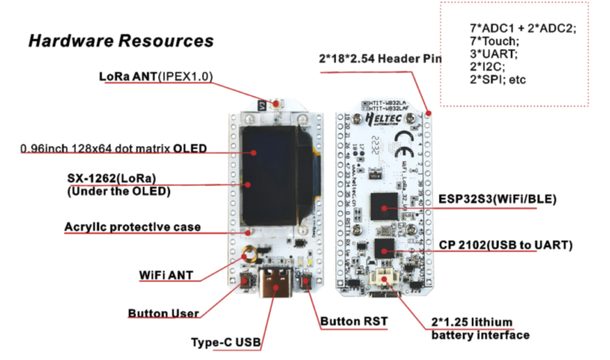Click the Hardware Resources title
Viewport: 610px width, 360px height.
[x=121, y=41]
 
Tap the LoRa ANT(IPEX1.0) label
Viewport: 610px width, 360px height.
[x=156, y=76]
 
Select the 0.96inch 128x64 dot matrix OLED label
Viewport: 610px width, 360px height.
[x=113, y=148]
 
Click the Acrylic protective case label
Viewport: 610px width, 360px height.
[x=132, y=227]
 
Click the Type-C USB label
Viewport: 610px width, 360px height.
[x=226, y=343]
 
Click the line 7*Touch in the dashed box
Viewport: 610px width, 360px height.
[x=494, y=41]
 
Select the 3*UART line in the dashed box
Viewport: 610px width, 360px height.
[x=492, y=54]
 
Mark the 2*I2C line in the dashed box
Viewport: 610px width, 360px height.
[x=488, y=67]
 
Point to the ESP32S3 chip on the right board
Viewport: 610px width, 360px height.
[x=384, y=206]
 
